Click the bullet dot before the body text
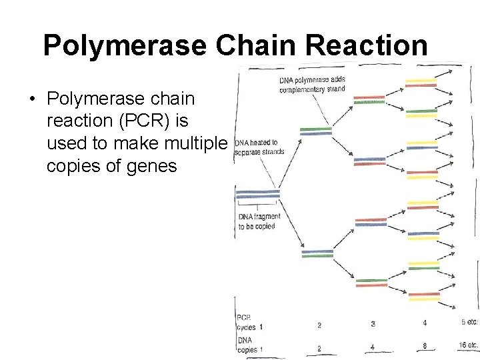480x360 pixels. [31, 100]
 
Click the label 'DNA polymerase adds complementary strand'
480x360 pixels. [313, 85]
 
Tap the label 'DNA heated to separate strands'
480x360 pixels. [259, 147]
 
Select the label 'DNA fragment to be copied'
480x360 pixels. [259, 221]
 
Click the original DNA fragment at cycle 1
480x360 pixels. [257, 195]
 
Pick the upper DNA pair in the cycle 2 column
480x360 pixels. [317, 131]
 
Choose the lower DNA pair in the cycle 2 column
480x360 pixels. [317, 253]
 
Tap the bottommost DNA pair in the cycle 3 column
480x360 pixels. [371, 283]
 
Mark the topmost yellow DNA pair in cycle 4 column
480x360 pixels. [421, 83]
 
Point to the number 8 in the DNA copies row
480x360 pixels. [425, 346]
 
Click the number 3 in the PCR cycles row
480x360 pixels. [373, 324]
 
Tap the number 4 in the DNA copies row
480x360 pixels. [373, 347]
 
